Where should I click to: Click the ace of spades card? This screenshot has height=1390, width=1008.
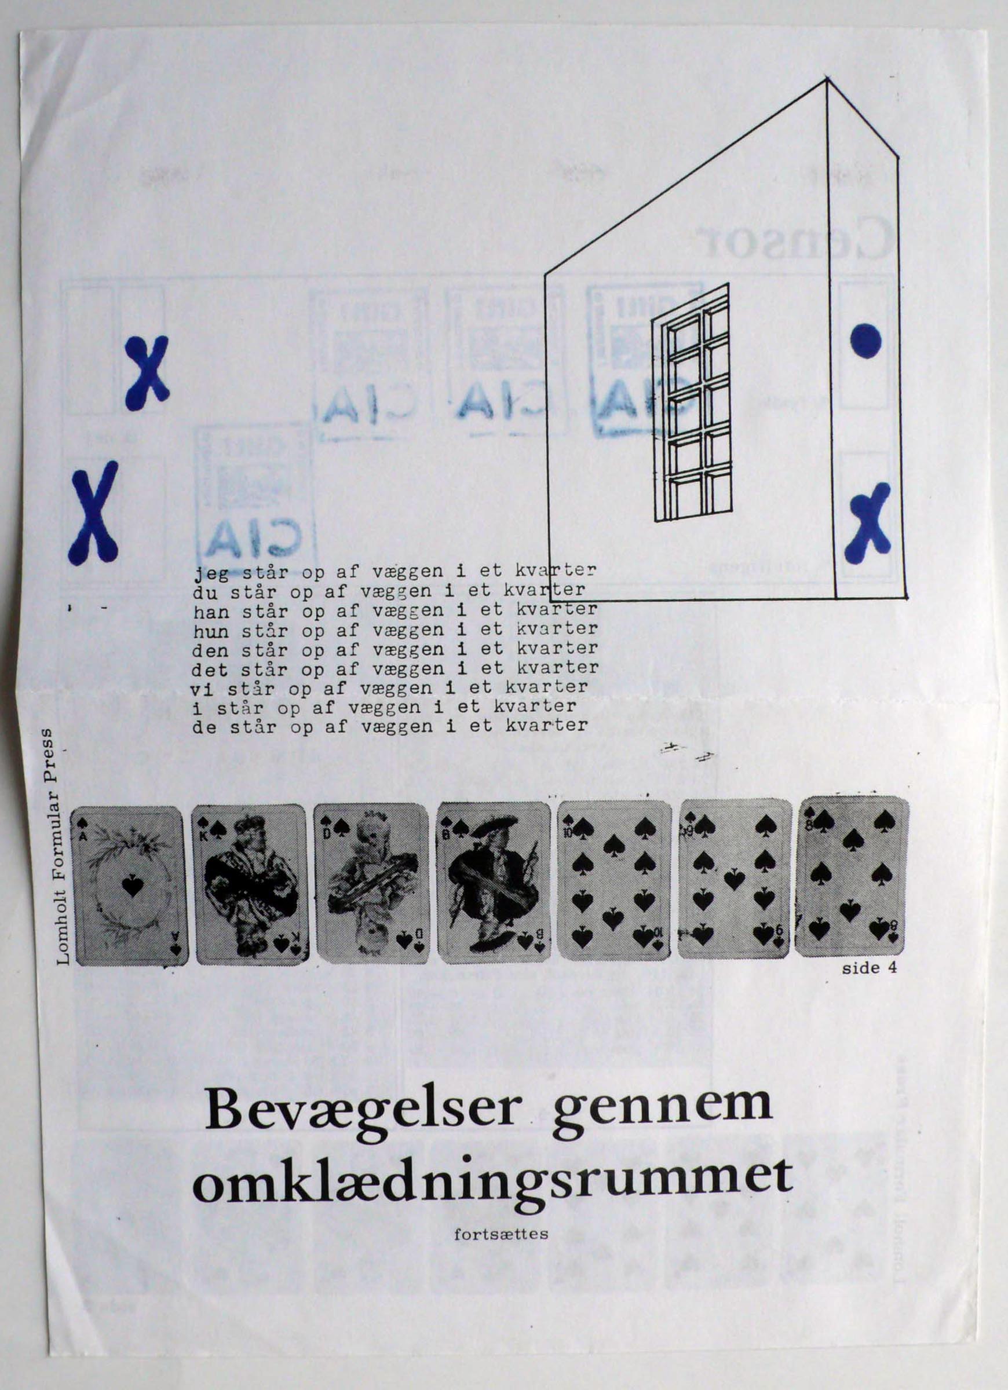tap(129, 886)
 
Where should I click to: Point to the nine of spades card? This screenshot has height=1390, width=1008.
tap(734, 880)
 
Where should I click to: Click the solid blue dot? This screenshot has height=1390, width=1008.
tap(867, 341)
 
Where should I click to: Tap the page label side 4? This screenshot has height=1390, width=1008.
tap(870, 968)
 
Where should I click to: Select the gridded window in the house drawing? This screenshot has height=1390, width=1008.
tap(692, 403)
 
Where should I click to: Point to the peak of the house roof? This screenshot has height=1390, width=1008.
tap(827, 80)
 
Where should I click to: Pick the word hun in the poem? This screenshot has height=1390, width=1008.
tap(210, 630)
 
